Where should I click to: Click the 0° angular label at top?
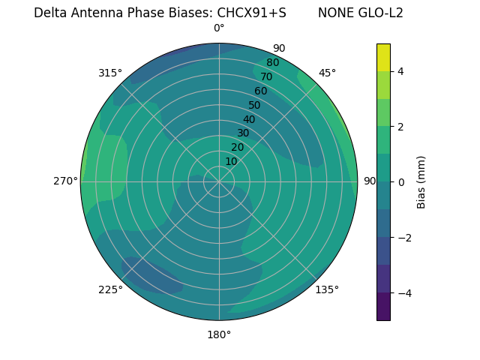coord(219,28)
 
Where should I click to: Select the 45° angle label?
coord(327,73)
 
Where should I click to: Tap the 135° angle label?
coord(327,289)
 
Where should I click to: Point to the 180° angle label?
coord(219,334)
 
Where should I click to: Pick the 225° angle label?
coord(110,290)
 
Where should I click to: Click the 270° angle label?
coord(66,181)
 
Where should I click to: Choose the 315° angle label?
coord(110,73)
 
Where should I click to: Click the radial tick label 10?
coord(231,161)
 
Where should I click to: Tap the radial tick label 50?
coord(255,105)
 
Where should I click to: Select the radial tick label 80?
coord(273,63)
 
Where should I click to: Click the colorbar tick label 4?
coord(401,71)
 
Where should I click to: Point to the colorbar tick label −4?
coord(404,293)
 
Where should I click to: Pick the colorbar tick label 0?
coord(401,182)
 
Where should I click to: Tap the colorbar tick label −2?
coord(404,238)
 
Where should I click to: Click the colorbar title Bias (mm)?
coord(421,182)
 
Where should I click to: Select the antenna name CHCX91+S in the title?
coord(252,13)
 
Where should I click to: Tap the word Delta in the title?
coord(50,13)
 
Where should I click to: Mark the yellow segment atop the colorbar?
coord(383,57)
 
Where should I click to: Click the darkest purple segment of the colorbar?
coord(383,307)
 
